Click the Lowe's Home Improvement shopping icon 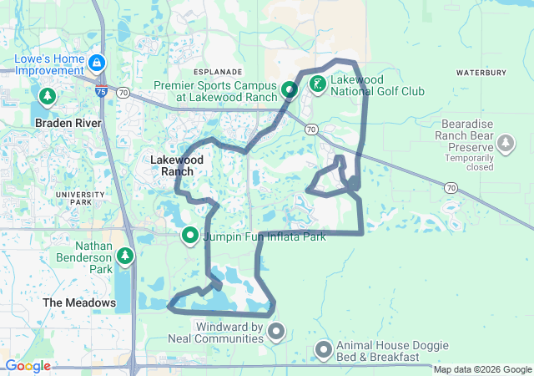[98, 63]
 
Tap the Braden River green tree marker [48, 96]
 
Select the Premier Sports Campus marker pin [290, 89]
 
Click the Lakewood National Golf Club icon [318, 84]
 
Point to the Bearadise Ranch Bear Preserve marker [505, 144]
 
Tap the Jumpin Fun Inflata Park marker [189, 236]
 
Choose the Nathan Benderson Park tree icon [125, 255]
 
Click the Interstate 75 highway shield [100, 92]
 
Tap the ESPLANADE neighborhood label [218, 73]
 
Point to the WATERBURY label [481, 74]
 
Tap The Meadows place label [79, 302]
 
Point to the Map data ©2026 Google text [481, 369]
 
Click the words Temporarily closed [468, 162]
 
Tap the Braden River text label [68, 123]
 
